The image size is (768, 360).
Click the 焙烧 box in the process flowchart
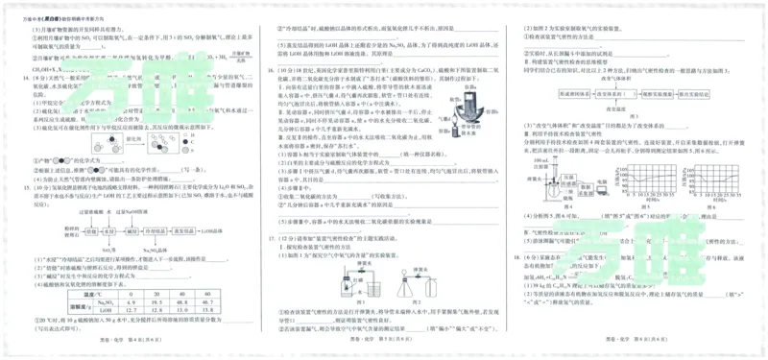coord(90,231)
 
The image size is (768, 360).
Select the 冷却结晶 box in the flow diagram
coord(158,231)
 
